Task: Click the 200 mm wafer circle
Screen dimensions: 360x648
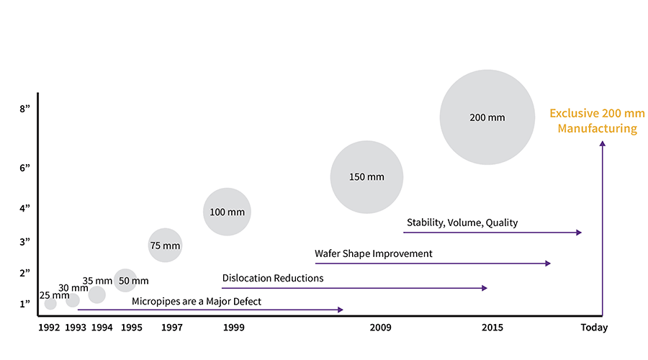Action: (487, 117)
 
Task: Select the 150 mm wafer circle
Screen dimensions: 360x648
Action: (366, 176)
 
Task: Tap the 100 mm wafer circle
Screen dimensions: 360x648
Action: (227, 212)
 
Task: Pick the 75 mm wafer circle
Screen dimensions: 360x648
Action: (165, 245)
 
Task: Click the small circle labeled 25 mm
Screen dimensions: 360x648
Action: (50, 304)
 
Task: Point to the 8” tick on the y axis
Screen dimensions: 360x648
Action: (25, 109)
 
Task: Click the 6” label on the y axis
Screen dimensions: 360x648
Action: (25, 168)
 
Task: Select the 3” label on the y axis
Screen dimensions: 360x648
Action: (25, 241)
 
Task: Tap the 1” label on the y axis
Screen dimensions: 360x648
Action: (25, 304)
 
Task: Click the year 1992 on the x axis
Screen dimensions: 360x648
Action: (49, 328)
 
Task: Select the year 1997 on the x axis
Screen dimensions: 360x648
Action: (172, 328)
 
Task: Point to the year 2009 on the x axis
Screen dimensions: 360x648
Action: (380, 328)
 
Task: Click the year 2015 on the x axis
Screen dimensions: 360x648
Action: (492, 328)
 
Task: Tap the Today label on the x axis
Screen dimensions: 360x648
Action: (594, 328)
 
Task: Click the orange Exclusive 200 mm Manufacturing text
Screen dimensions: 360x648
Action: (597, 121)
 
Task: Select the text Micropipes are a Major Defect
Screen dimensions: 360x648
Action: (196, 301)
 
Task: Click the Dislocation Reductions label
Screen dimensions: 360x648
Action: (273, 278)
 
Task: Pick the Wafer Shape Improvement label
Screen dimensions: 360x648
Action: (373, 253)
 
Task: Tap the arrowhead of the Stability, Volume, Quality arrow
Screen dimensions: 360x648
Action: (578, 233)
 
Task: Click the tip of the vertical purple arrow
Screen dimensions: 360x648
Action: (602, 143)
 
